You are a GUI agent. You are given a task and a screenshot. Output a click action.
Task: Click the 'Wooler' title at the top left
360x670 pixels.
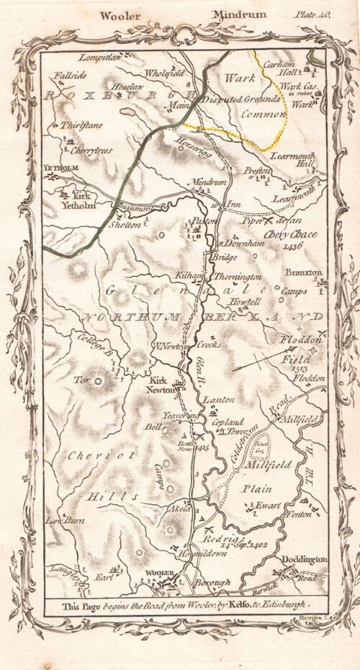pyautogui.click(x=120, y=14)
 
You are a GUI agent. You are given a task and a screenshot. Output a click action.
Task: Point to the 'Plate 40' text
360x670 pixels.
pyautogui.click(x=312, y=14)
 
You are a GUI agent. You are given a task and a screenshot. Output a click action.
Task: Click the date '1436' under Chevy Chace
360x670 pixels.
pyautogui.click(x=292, y=246)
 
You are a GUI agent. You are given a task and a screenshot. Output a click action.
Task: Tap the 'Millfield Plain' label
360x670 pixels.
pyautogui.click(x=270, y=475)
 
